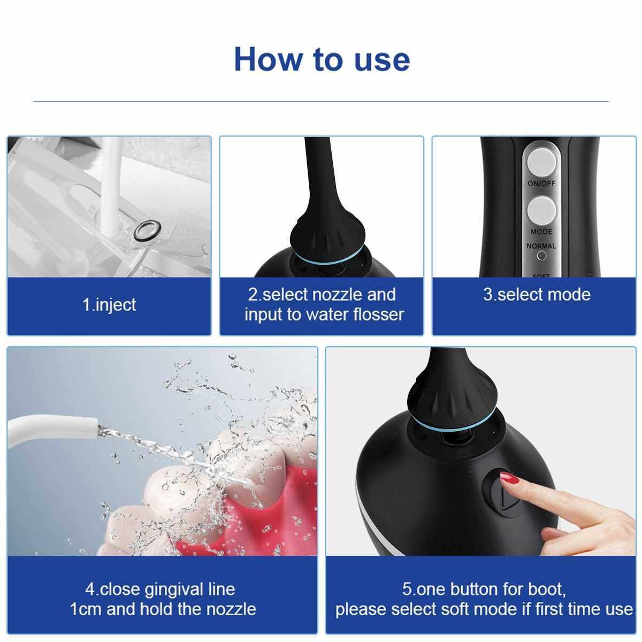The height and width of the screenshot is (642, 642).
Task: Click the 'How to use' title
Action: (322, 59)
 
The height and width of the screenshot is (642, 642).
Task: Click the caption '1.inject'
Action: (109, 305)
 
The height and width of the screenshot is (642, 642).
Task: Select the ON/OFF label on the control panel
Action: (541, 184)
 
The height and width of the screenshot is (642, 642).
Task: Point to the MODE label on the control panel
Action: (541, 232)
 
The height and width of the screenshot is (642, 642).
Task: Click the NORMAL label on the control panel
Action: (541, 246)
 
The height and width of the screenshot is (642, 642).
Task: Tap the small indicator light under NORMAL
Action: (542, 256)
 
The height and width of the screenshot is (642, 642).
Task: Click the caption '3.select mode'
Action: (537, 295)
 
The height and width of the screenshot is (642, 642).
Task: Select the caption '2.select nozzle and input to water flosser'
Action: (323, 304)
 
